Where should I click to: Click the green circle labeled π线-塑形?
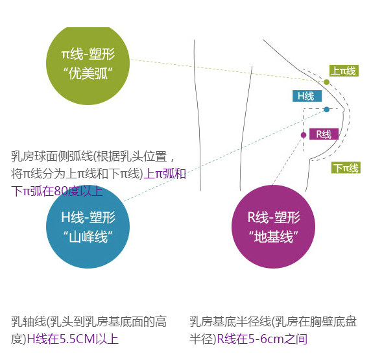coord(88,64)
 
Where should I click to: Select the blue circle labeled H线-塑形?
coord(88,227)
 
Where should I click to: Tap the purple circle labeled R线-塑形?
coord(273,227)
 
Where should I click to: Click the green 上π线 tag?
coord(344,71)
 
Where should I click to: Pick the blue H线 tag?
coord(307,96)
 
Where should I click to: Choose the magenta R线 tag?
coord(324,134)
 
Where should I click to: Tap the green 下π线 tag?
coord(346,167)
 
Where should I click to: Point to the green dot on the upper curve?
coord(326,82)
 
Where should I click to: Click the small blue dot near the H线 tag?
coord(327,110)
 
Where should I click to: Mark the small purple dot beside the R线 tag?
coord(304,135)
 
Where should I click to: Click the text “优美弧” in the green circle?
coord(88,73)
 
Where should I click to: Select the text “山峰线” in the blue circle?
coord(88,237)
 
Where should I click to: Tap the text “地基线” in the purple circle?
coord(274,237)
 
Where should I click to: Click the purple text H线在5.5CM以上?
coord(73,339)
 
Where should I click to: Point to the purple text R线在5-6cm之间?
coord(262,339)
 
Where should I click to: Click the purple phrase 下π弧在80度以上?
coord(57,191)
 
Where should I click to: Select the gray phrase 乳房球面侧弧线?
coord(52,156)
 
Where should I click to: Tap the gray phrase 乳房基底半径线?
coord(230,322)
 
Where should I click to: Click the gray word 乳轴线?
coord(29,322)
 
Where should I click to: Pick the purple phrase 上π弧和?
coord(165,173)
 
